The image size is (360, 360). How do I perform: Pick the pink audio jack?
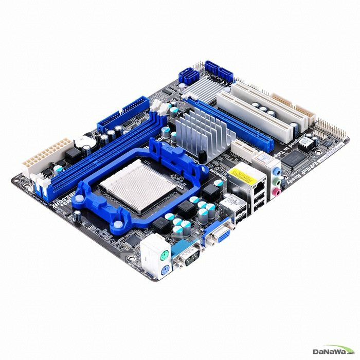tap(277, 192)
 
